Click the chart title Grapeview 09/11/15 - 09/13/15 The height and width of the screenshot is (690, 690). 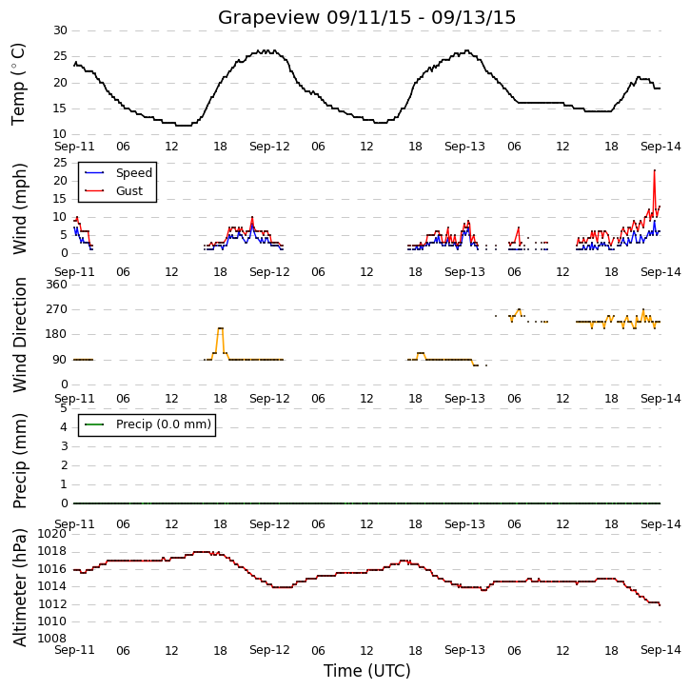[x=366, y=17]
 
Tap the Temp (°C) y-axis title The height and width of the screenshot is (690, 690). [x=18, y=84]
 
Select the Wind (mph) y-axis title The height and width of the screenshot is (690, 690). [x=19, y=208]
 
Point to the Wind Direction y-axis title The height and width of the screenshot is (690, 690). [x=19, y=335]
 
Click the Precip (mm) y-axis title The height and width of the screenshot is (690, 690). [x=19, y=461]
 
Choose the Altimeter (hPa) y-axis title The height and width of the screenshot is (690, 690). [x=19, y=587]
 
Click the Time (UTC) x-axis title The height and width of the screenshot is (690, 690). [x=367, y=671]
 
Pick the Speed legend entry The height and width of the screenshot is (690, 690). [x=118, y=173]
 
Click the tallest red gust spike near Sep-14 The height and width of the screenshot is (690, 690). [x=655, y=170]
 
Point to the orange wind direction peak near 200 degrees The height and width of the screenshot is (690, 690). [x=221, y=328]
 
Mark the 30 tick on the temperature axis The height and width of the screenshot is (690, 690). [x=60, y=30]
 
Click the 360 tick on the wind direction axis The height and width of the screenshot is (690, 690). [x=57, y=285]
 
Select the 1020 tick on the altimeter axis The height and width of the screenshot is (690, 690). [x=52, y=534]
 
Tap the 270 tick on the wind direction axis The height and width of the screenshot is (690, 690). [x=57, y=309]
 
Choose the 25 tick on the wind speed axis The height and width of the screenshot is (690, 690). [x=60, y=163]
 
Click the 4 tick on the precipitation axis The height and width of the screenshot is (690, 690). [x=65, y=427]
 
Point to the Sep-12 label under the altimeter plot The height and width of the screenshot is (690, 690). [x=269, y=650]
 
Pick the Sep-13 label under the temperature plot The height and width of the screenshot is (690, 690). [x=464, y=147]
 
